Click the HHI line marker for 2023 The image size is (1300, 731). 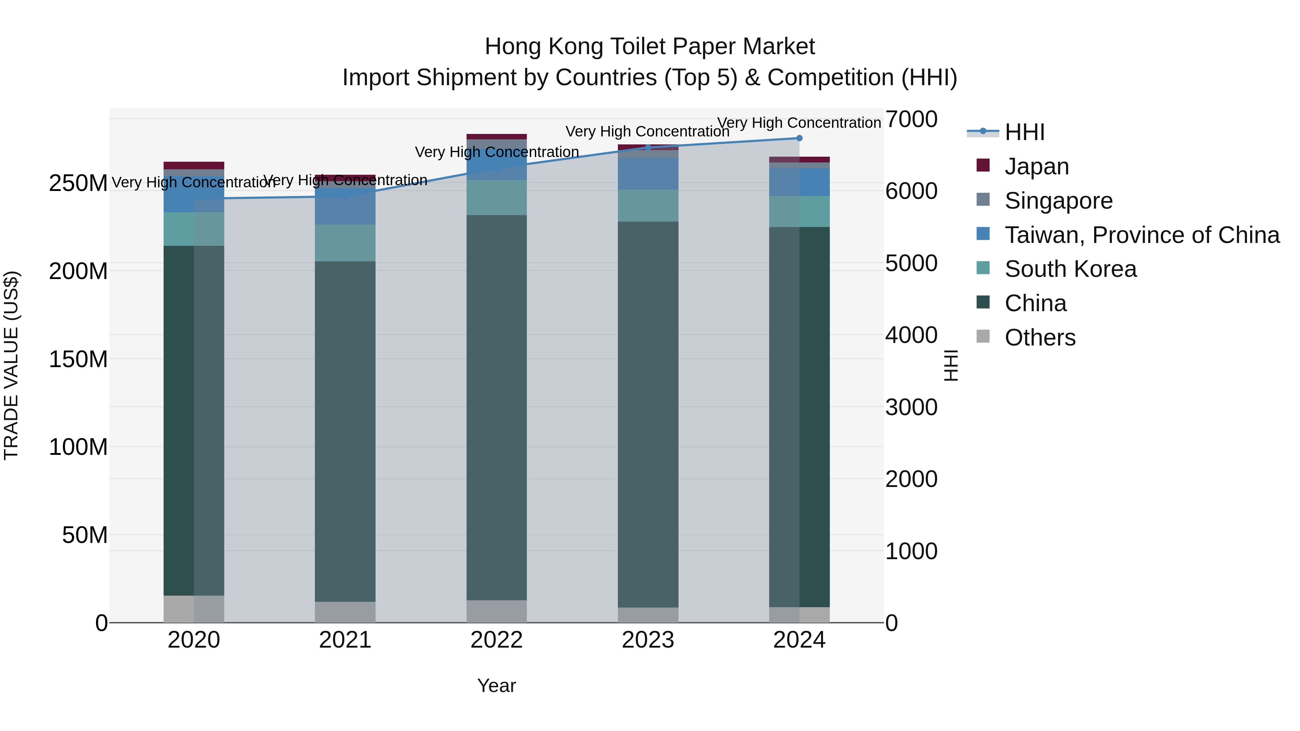(648, 147)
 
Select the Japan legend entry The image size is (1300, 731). (1036, 166)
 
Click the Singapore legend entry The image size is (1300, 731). (1058, 201)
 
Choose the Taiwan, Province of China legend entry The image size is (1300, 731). (1141, 235)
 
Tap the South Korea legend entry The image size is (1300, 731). (1070, 269)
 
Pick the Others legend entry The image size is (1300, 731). (1040, 338)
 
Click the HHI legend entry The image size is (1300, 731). (1024, 132)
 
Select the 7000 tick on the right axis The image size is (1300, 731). (911, 119)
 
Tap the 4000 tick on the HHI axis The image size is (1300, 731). (911, 335)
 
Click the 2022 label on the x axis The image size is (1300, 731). (497, 640)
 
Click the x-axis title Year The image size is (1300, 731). (497, 686)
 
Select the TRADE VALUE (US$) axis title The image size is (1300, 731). (11, 365)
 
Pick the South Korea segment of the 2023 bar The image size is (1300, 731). (648, 206)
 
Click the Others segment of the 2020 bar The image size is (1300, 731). (194, 609)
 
